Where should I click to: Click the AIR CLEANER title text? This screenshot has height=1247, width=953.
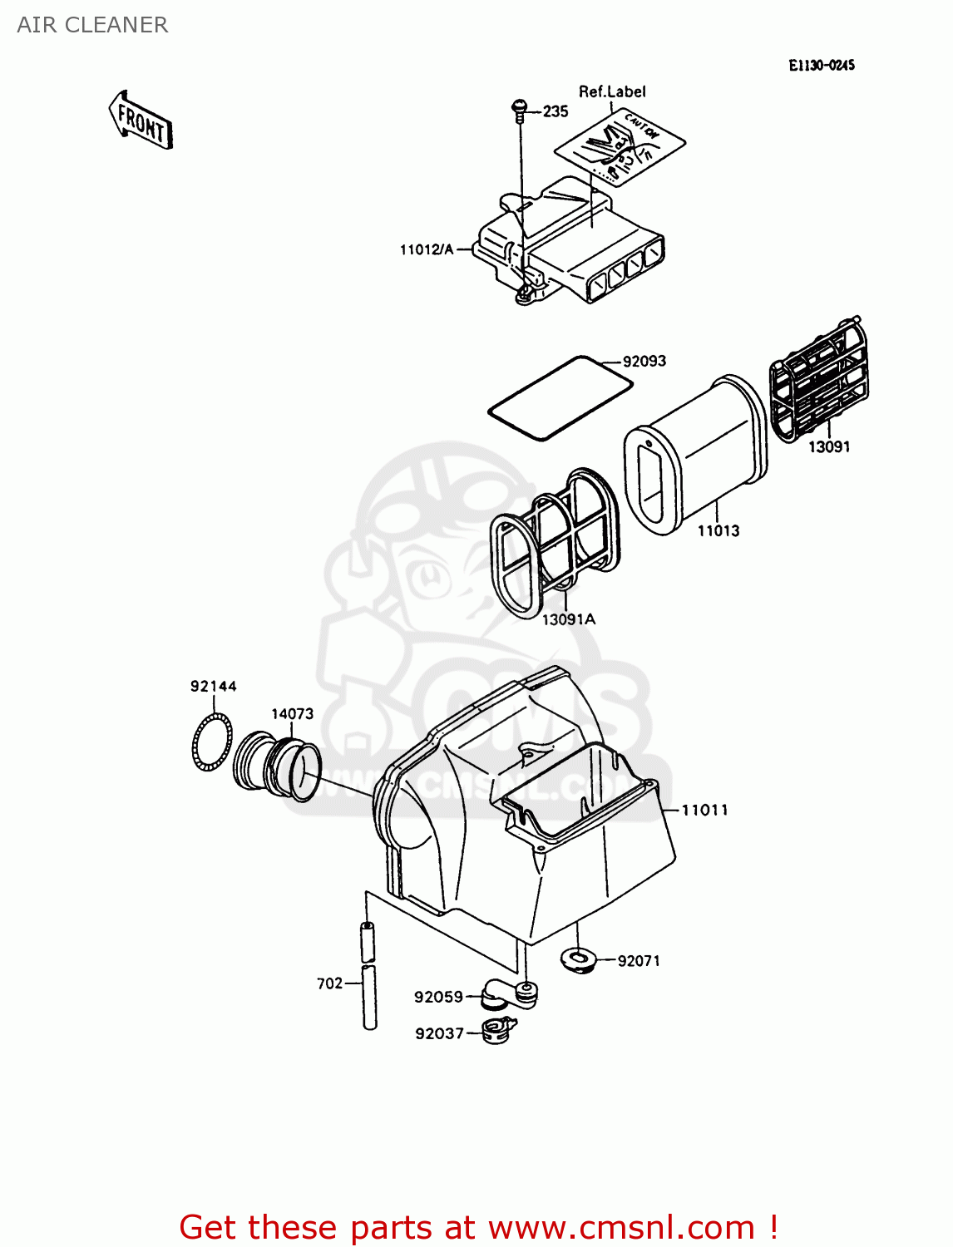[92, 25]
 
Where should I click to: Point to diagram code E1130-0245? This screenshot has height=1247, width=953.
[821, 65]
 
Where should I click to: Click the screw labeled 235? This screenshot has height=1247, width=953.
[519, 109]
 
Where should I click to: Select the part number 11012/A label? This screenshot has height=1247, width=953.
[427, 249]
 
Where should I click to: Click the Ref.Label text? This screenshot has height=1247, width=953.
[612, 91]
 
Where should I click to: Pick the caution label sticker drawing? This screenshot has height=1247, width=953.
[620, 146]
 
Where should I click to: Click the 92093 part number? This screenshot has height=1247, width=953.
[644, 361]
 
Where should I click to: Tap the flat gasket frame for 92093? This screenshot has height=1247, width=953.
[560, 397]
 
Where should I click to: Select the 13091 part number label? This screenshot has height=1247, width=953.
[829, 446]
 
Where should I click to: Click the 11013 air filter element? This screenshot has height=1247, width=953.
[694, 453]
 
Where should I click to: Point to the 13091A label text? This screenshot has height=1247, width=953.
[569, 619]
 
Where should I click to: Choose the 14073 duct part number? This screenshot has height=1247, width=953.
[292, 713]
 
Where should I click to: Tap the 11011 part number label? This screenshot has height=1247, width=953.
[704, 810]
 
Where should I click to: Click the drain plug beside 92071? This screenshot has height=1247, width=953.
[579, 960]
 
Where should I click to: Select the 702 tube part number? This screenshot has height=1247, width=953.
[329, 983]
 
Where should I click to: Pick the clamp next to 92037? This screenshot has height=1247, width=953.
[498, 1032]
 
